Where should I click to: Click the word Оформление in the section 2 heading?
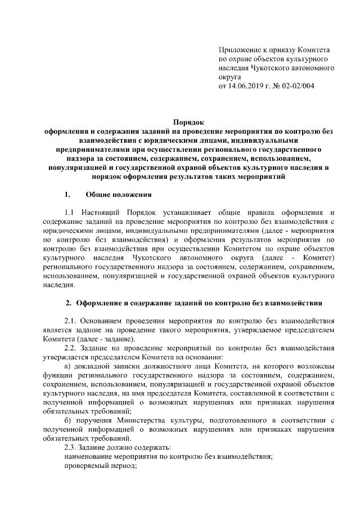click(102, 304)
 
